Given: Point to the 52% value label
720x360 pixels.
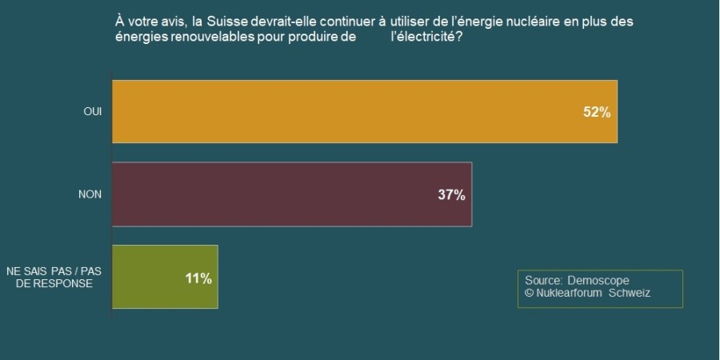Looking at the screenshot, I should tap(597, 113).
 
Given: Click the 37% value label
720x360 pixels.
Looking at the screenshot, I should tap(451, 195).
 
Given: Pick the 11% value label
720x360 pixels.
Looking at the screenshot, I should tap(198, 278).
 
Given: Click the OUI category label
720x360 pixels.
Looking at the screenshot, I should tap(93, 112).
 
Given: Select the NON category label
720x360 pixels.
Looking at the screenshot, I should tap(90, 194).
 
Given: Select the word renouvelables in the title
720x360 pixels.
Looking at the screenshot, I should tap(212, 37).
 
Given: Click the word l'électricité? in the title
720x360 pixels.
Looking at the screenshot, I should tap(426, 37).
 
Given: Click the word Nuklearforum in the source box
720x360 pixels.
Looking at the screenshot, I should tap(570, 293).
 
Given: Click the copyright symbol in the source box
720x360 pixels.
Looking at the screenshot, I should tap(529, 293).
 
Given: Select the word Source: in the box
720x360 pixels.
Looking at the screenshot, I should tap(543, 280).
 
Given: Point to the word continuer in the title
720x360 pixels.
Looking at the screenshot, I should tap(346, 22).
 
